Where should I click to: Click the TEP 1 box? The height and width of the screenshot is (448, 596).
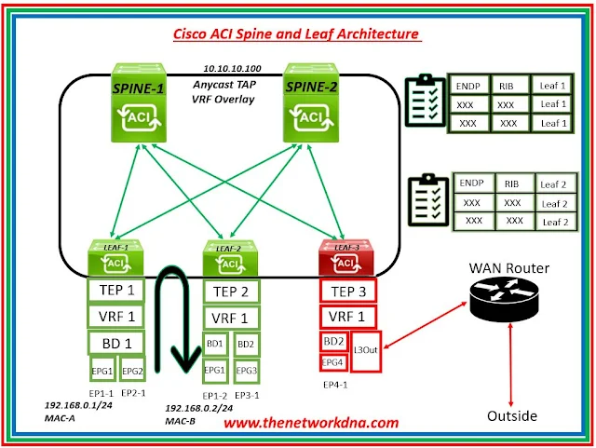click(x=116, y=291)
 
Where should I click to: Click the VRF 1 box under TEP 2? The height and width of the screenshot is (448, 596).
click(x=231, y=317)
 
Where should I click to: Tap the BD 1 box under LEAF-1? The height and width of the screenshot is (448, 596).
click(x=116, y=345)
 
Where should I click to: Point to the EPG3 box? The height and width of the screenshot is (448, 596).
click(x=246, y=369)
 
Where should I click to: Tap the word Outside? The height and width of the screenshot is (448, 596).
click(x=512, y=416)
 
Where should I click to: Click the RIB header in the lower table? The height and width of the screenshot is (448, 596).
click(x=512, y=183)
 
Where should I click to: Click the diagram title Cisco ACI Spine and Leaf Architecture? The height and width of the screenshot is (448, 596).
click(x=296, y=35)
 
